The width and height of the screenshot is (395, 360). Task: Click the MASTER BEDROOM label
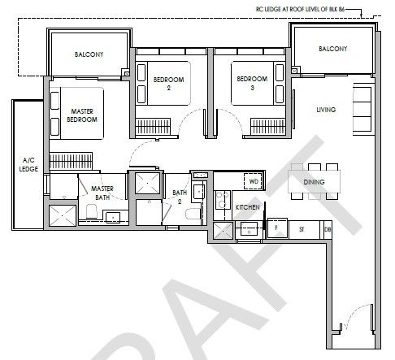click(82, 115)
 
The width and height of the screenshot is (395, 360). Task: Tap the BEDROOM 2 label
click(168, 83)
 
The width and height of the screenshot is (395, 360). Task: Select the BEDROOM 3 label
click(252, 83)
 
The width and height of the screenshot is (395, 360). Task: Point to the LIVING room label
click(326, 110)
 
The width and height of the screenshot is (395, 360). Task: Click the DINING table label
click(314, 182)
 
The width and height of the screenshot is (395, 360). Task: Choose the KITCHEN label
click(248, 207)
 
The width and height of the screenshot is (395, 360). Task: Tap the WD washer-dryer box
click(254, 181)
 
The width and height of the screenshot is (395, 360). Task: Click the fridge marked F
click(277, 228)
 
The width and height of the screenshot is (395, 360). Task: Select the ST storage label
click(302, 230)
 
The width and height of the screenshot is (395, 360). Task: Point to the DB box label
click(328, 230)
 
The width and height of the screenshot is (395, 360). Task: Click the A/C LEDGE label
click(28, 164)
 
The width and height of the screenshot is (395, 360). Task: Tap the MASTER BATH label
click(102, 193)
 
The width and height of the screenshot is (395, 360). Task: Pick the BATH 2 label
click(180, 197)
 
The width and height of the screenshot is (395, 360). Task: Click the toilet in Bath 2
click(193, 214)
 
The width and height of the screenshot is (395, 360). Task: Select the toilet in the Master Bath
click(92, 211)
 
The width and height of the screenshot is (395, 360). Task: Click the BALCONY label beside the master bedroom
click(89, 54)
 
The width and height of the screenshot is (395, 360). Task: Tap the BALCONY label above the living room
click(333, 49)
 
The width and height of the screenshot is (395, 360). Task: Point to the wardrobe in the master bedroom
click(71, 161)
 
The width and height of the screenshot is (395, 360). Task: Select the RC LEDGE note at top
click(301, 9)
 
